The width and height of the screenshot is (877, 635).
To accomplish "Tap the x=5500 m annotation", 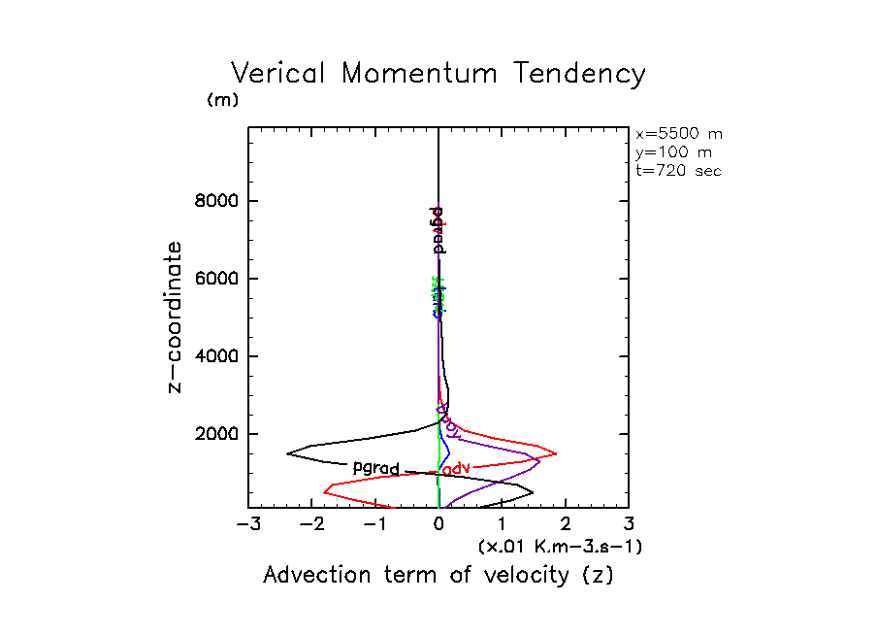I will tap(678, 134).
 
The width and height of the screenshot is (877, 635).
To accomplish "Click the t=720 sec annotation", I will tap(678, 170).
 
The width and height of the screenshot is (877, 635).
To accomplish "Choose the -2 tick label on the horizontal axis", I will tap(310, 525).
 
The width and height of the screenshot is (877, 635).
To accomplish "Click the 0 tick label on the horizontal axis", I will tap(439, 525).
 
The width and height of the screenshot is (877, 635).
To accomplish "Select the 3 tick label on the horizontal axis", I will tap(629, 525).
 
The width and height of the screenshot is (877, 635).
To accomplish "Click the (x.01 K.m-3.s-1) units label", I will tap(560, 547).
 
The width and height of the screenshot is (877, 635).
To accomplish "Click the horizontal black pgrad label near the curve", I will tap(375, 467).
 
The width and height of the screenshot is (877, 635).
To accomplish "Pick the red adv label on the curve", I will tap(455, 468).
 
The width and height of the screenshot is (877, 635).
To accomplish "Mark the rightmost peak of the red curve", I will tap(556, 453).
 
